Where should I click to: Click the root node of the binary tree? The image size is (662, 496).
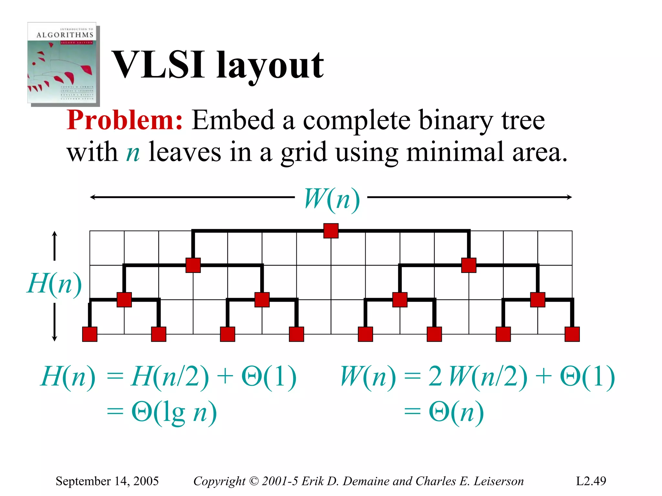click(x=331, y=231)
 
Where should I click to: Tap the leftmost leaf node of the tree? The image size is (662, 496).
click(x=90, y=334)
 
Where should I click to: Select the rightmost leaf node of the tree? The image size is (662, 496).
click(x=572, y=334)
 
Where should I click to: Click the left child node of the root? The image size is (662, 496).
click(x=193, y=265)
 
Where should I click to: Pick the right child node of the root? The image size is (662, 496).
click(x=469, y=265)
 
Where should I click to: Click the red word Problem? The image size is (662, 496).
click(x=125, y=120)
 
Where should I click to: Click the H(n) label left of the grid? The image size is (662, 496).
click(x=54, y=283)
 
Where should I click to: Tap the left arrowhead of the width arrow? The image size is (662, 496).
click(x=92, y=197)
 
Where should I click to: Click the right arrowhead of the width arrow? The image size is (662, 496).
click(x=570, y=197)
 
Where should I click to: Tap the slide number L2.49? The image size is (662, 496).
click(x=591, y=481)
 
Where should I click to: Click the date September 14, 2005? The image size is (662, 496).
click(x=107, y=481)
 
